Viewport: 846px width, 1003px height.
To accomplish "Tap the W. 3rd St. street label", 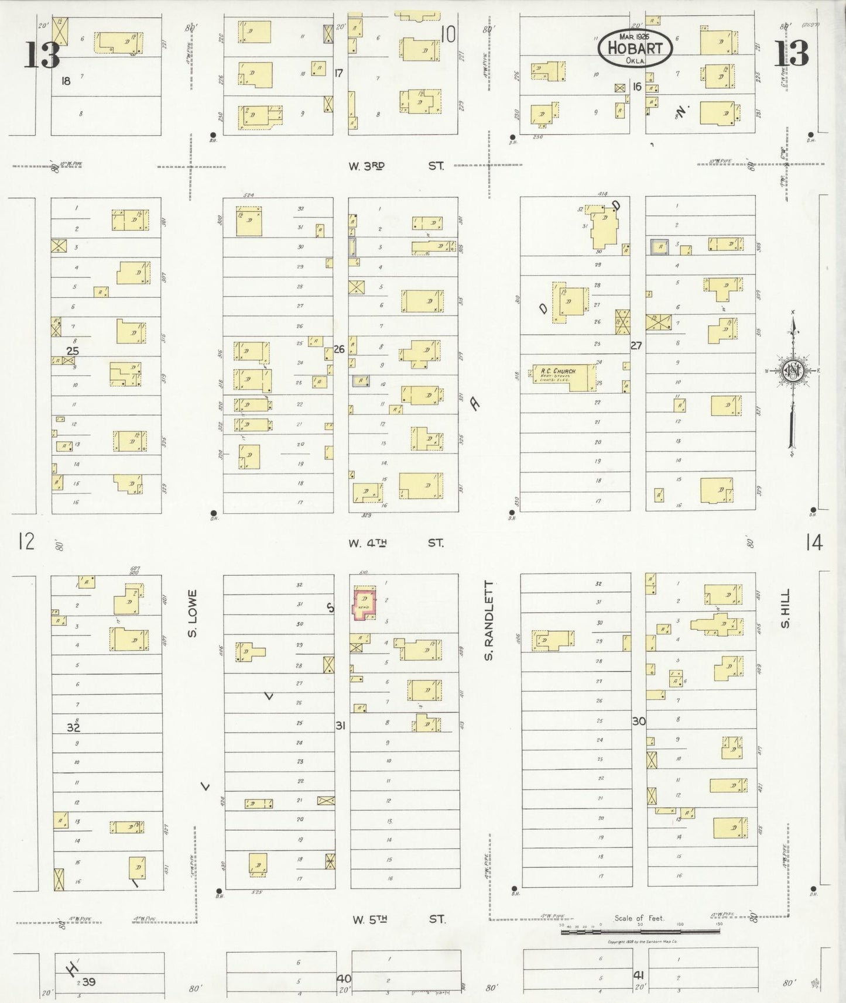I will [x=396, y=166].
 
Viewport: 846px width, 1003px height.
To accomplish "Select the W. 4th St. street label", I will [x=396, y=543].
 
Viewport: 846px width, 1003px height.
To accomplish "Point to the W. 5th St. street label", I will [x=398, y=919].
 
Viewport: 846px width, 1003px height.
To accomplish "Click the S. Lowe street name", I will [x=193, y=613].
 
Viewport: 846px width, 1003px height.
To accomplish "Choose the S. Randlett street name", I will [x=489, y=621].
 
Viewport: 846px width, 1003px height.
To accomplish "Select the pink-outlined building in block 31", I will [x=364, y=603].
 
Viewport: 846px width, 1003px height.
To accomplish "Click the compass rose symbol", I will [x=793, y=372].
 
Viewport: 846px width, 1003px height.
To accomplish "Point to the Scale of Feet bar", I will [x=639, y=931].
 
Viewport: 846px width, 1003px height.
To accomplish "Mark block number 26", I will [x=339, y=349].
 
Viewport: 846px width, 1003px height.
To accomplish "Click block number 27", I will [x=636, y=346].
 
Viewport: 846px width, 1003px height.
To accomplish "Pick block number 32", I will [x=73, y=727].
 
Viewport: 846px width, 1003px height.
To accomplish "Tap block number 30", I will [x=639, y=722].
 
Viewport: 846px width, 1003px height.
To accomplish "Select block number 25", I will [x=73, y=351].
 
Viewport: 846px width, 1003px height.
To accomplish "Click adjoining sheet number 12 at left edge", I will [x=26, y=541].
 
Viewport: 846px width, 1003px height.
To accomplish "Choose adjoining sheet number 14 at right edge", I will [x=814, y=543].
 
